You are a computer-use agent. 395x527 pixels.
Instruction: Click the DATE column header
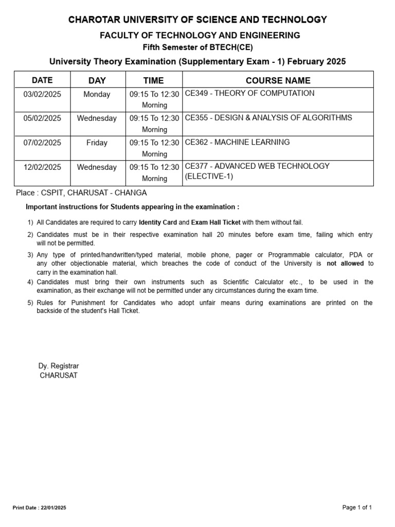pyautogui.click(x=42, y=80)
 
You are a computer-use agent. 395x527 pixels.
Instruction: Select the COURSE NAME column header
pyautogui.click(x=278, y=80)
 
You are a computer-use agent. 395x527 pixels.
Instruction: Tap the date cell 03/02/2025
pyautogui.click(x=42, y=94)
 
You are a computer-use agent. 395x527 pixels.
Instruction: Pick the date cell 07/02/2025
pyautogui.click(x=42, y=143)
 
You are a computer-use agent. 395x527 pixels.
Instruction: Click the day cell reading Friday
pyautogui.click(x=97, y=143)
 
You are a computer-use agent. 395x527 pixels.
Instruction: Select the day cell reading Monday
pyautogui.click(x=97, y=94)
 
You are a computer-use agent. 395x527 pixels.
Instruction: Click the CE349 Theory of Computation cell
pyautogui.click(x=249, y=94)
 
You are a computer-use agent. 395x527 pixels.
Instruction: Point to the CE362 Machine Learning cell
pyautogui.click(x=237, y=142)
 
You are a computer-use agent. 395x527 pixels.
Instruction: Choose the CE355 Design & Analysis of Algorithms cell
pyautogui.click(x=268, y=118)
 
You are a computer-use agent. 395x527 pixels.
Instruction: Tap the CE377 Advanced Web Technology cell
pyautogui.click(x=257, y=171)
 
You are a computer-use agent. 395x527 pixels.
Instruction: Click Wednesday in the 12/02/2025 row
pyautogui.click(x=97, y=167)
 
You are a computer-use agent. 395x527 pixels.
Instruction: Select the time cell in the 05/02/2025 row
pyautogui.click(x=154, y=124)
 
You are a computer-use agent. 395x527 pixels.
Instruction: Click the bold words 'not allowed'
pyautogui.click(x=345, y=263)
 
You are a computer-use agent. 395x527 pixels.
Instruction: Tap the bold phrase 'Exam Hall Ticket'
pyautogui.click(x=216, y=222)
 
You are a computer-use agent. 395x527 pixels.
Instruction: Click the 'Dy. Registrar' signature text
pyautogui.click(x=59, y=366)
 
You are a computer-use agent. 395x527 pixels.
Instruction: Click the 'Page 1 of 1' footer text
pyautogui.click(x=357, y=507)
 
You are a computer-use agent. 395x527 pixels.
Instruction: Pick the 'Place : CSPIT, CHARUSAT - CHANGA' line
pyautogui.click(x=81, y=193)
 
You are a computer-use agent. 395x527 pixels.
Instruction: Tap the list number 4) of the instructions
pyautogui.click(x=30, y=282)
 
